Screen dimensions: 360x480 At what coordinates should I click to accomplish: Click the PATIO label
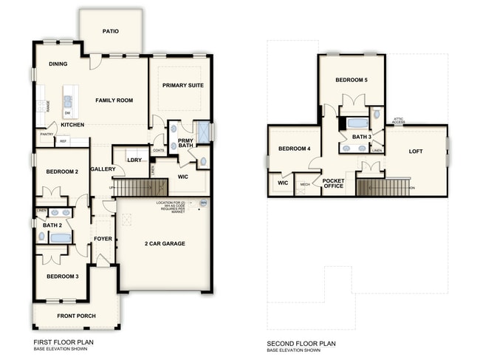pyautogui.click(x=111, y=32)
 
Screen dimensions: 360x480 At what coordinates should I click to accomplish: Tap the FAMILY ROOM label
pyautogui.click(x=114, y=100)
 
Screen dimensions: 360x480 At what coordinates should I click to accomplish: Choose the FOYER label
pyautogui.click(x=103, y=239)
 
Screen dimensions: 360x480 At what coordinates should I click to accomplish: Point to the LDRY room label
pyautogui.click(x=134, y=160)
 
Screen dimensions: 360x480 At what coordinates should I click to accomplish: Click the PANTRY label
pyautogui.click(x=47, y=134)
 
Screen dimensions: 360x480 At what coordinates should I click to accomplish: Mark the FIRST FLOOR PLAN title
pyautogui.click(x=64, y=343)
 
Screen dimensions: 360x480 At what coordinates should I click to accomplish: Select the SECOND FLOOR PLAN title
pyautogui.click(x=301, y=343)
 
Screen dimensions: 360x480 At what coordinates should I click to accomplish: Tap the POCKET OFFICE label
pyautogui.click(x=334, y=183)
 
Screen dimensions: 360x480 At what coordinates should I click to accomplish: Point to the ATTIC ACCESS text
pyautogui.click(x=398, y=120)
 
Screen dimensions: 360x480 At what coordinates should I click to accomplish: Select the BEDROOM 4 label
pyautogui.click(x=293, y=149)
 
